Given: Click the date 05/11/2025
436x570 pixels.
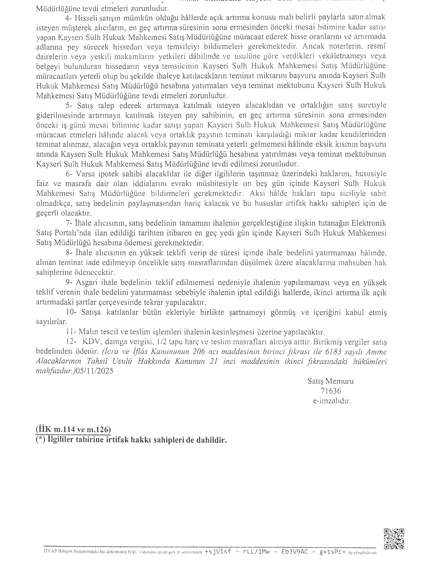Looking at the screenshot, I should [x=94, y=371].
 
